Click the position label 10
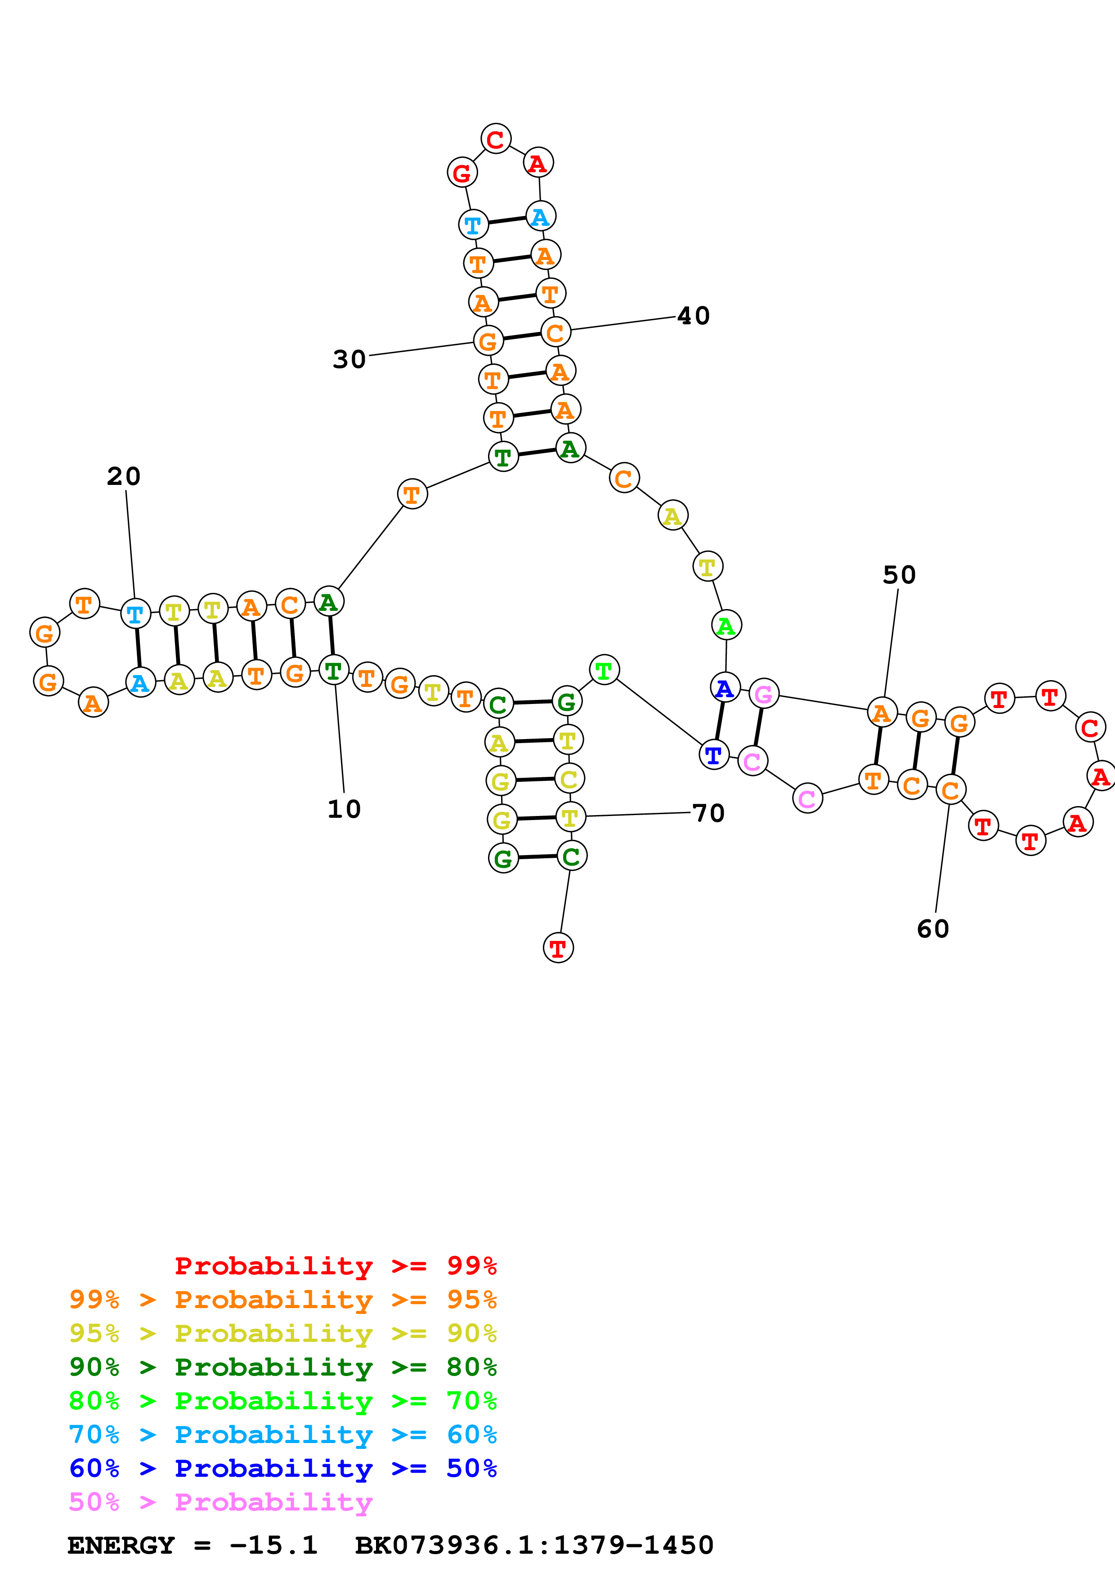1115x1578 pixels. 344,809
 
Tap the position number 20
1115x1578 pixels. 124,476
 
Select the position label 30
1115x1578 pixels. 349,359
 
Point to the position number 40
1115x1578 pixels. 693,316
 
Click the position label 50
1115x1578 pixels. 899,575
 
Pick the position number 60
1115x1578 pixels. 932,929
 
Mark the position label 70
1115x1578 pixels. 708,814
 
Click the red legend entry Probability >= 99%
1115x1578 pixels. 335,1266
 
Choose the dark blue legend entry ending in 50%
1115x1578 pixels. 282,1468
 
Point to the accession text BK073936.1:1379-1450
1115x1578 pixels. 534,1545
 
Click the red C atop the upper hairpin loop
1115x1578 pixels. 495,139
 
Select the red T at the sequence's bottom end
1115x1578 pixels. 558,948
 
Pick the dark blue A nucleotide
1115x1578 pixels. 724,687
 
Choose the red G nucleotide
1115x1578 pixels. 461,172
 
